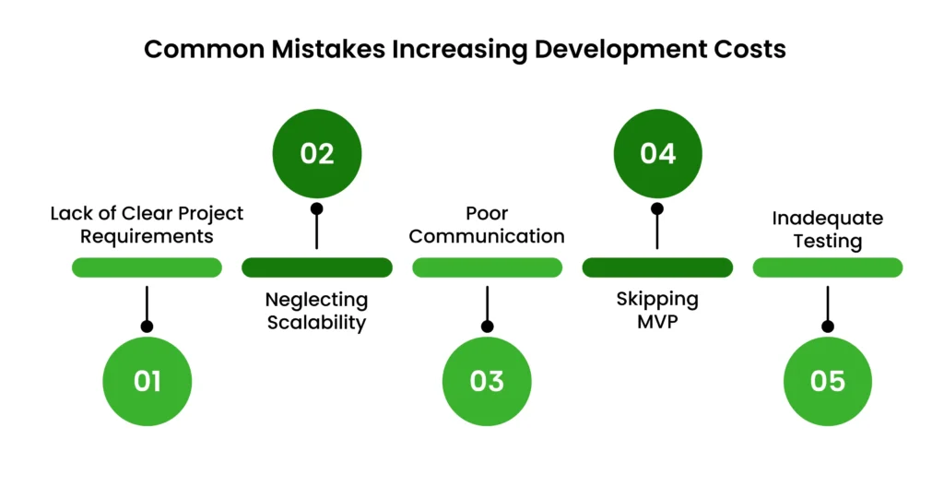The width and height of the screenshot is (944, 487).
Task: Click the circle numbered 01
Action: [x=147, y=381]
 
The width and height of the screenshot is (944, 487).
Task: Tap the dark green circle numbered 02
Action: [x=316, y=153]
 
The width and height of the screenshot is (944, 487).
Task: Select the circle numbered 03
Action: [x=487, y=381]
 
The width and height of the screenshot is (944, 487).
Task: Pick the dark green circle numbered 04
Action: [x=657, y=153]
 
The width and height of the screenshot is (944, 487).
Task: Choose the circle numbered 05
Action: [x=827, y=381]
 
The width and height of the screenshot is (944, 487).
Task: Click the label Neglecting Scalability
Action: [x=316, y=311]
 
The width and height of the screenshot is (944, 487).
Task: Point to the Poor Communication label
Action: [x=487, y=224]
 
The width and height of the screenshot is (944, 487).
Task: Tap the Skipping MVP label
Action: [x=657, y=311]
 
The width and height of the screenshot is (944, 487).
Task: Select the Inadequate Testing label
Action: [x=827, y=230]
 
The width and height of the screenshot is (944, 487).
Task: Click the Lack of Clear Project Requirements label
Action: [x=147, y=224]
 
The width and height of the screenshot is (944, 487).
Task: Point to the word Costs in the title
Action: [x=752, y=49]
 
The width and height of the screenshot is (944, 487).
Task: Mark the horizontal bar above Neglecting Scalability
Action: [x=316, y=267]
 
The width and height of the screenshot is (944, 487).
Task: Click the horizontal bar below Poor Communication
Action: [x=487, y=267]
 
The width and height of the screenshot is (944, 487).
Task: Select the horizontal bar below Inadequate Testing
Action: [x=827, y=267]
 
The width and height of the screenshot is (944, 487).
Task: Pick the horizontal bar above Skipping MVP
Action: [x=657, y=267]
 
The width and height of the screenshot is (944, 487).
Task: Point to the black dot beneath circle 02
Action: [x=316, y=208]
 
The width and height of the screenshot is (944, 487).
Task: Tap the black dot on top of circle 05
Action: [x=827, y=326]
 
